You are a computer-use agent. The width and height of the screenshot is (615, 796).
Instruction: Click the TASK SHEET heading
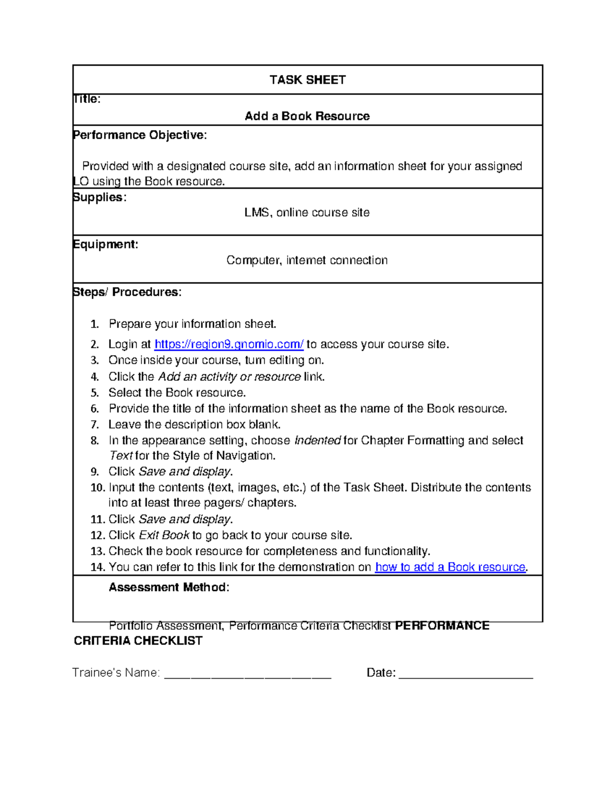[307, 80]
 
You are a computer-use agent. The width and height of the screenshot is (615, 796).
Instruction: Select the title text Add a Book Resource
[307, 116]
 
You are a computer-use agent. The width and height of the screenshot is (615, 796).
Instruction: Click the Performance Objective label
[140, 135]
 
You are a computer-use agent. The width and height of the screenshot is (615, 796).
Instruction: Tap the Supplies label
[99, 197]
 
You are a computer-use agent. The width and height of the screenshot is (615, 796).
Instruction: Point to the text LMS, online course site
[306, 213]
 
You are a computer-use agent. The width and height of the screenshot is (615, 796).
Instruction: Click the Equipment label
[106, 244]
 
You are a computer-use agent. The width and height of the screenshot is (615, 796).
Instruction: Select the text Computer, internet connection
[306, 260]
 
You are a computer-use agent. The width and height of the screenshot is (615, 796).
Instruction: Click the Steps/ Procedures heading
[127, 292]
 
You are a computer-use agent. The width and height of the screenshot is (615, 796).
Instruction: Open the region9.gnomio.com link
[229, 344]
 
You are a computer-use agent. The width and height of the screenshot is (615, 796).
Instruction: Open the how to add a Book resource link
[450, 567]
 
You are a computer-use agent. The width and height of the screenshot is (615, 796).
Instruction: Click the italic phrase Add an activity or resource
[229, 377]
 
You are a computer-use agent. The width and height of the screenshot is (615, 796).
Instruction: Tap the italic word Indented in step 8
[317, 441]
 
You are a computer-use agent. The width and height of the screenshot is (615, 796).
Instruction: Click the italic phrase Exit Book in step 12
[164, 536]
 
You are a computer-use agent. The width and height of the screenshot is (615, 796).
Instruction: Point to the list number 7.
[94, 425]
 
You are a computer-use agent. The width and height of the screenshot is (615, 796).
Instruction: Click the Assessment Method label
[169, 587]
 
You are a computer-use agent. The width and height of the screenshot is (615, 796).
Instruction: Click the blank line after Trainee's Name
[248, 673]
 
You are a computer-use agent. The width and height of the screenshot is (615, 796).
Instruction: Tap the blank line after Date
[465, 673]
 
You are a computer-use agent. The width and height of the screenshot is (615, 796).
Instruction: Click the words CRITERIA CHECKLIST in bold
[138, 641]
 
